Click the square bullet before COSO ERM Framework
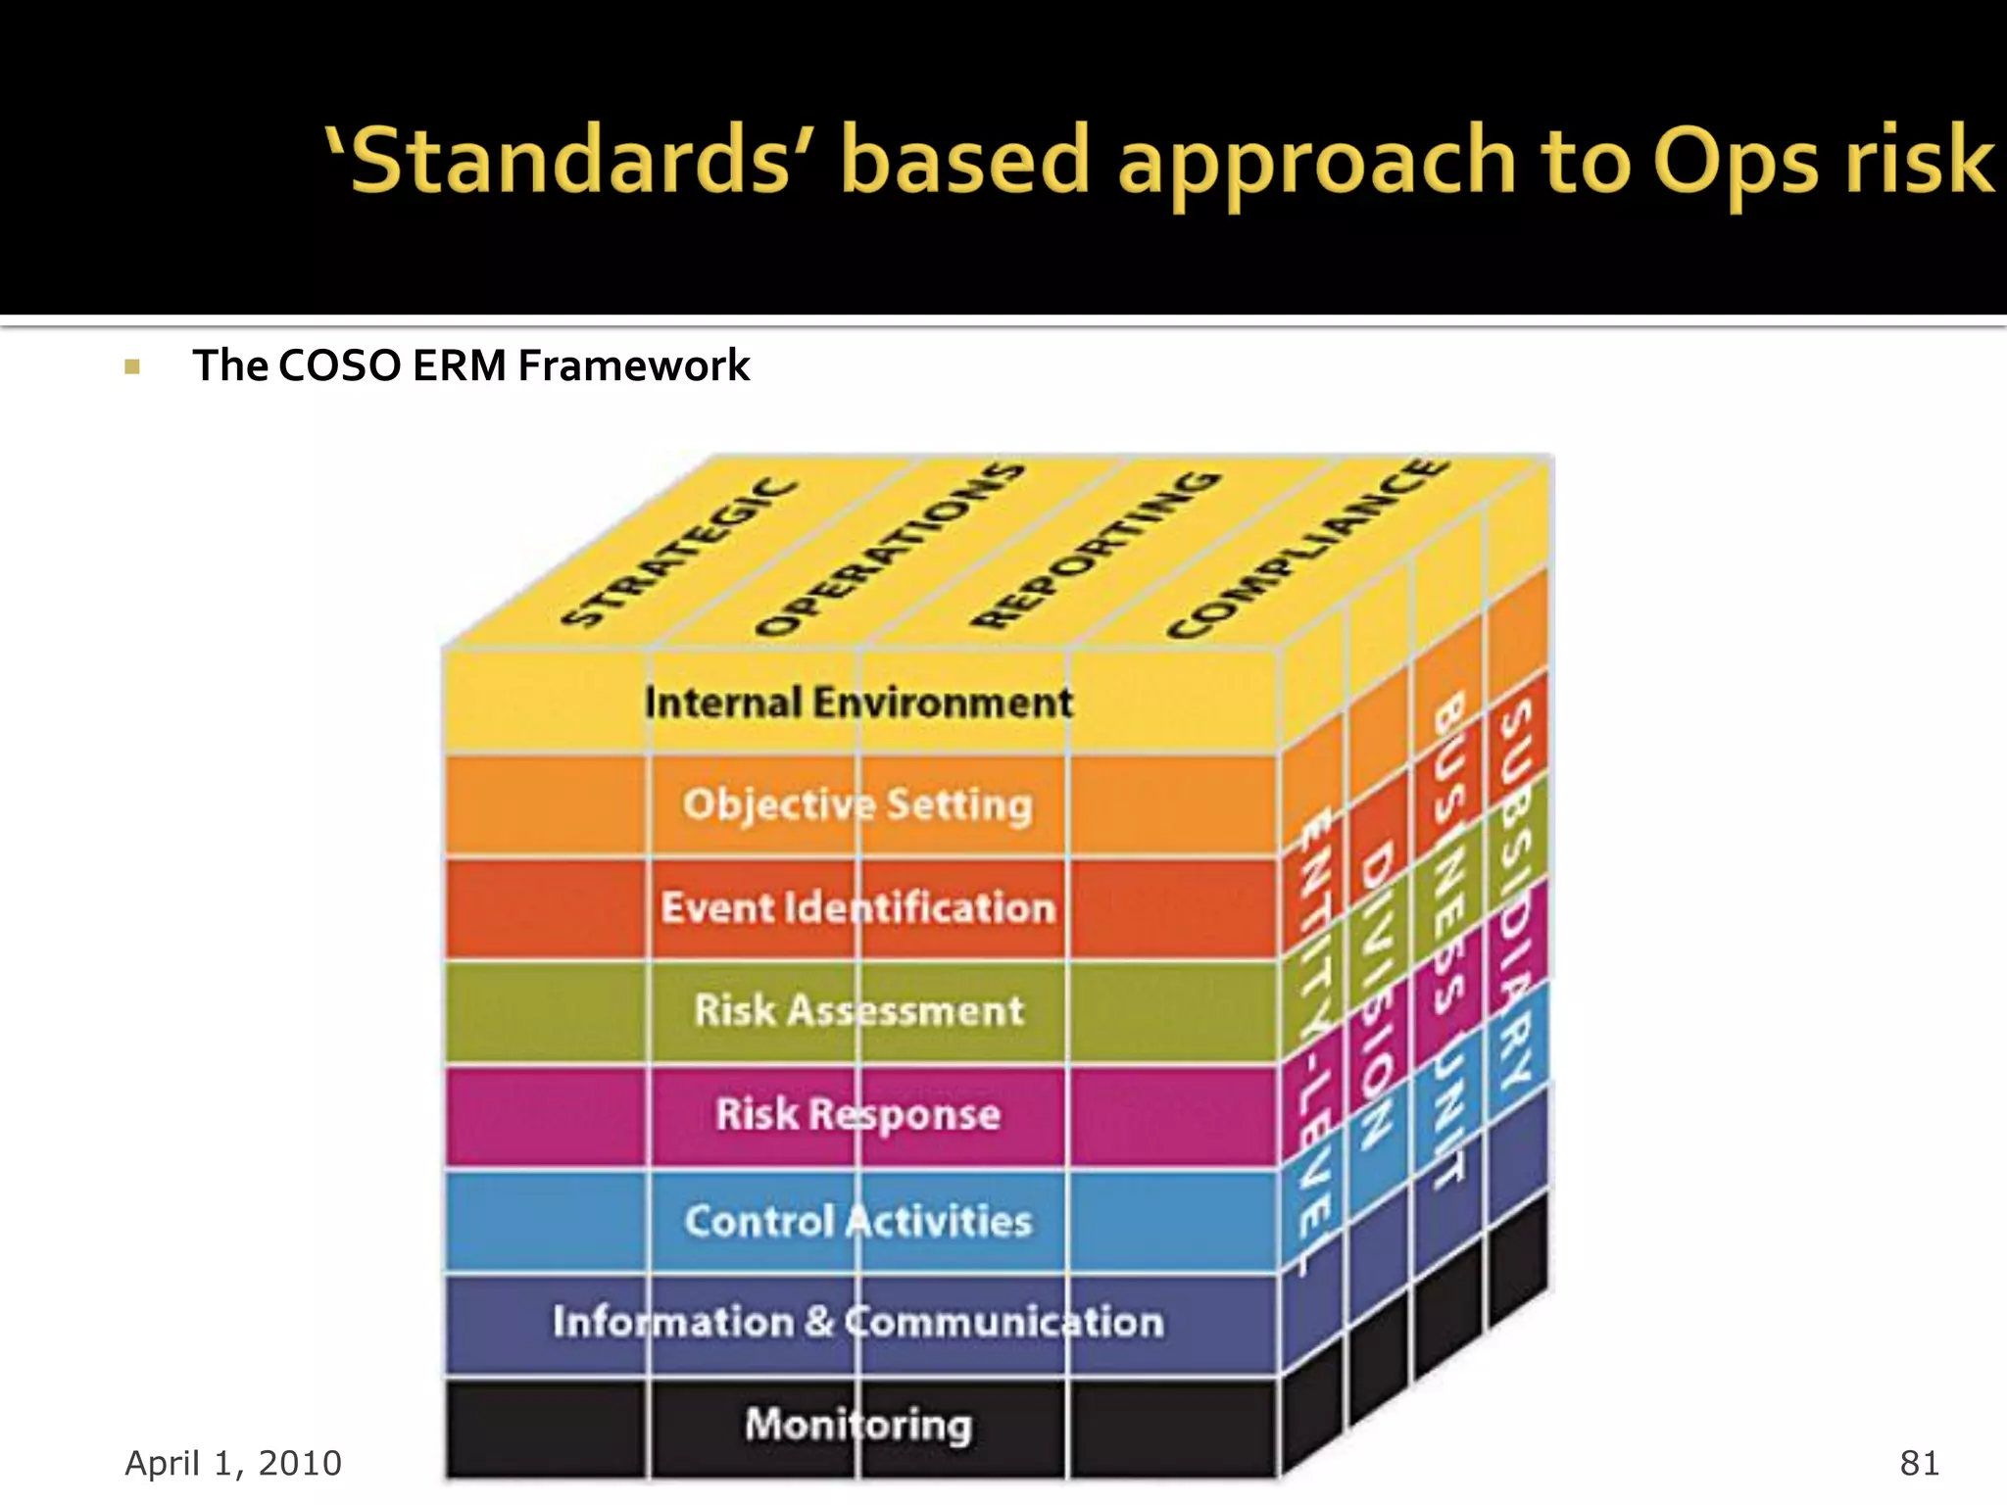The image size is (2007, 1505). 133,367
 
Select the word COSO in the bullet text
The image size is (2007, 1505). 339,365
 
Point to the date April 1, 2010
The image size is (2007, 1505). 233,1463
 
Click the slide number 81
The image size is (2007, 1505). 1919,1463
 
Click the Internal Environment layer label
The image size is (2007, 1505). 858,703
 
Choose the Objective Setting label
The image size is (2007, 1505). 858,804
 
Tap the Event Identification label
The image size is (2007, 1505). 858,907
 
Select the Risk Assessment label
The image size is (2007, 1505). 858,1010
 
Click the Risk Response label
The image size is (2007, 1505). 858,1114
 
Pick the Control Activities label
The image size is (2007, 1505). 858,1221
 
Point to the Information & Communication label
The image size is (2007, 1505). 858,1322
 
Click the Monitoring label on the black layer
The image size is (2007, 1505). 858,1424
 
